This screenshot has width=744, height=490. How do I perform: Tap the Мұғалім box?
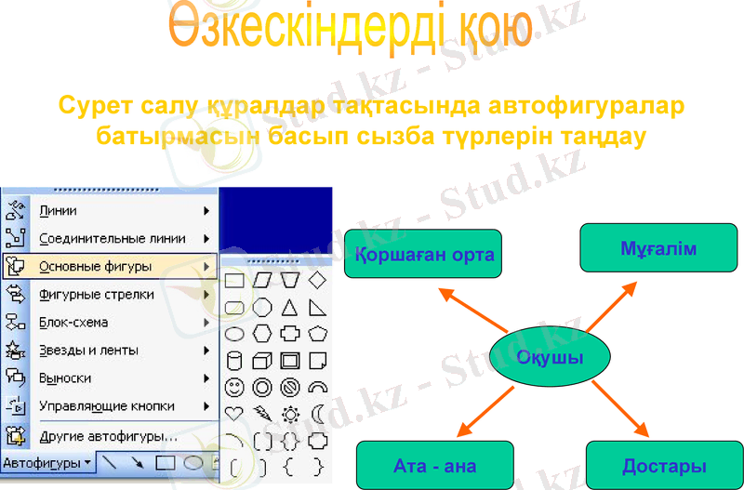click(x=658, y=248)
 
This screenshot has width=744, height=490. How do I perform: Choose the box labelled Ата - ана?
click(x=434, y=465)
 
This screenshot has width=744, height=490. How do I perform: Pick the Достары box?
click(x=664, y=465)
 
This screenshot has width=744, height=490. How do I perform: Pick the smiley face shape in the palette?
click(x=235, y=386)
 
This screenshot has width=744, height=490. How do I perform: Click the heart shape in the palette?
click(x=235, y=413)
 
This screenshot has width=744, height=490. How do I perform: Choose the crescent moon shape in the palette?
click(x=318, y=413)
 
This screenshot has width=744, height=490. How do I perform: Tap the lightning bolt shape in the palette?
click(x=262, y=413)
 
